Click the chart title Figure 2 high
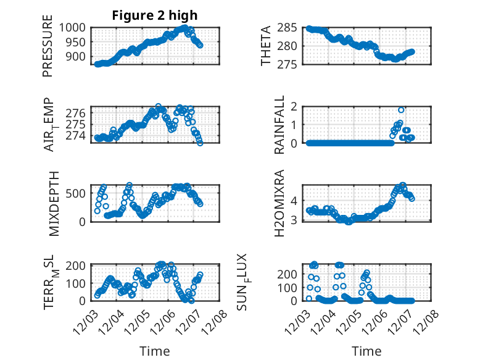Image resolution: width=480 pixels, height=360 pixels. [155, 15]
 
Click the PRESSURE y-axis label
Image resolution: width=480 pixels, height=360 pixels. [48, 49]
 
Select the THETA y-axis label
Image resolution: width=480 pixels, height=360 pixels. [266, 46]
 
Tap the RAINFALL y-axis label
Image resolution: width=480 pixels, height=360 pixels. [280, 124]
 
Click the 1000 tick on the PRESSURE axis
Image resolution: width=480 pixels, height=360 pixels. [75, 28]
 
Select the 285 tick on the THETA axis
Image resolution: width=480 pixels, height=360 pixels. [288, 28]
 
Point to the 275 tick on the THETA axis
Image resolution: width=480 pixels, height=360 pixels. [288, 64]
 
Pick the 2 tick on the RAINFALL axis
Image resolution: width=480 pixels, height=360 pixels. [294, 107]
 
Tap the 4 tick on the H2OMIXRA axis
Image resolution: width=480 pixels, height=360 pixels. [294, 200]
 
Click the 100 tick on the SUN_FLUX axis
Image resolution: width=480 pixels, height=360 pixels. [288, 287]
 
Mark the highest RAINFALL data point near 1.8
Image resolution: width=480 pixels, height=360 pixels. [401, 110]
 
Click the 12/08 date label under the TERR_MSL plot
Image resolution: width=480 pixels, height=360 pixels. [217, 322]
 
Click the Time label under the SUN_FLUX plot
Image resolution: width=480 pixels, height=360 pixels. [366, 351]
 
